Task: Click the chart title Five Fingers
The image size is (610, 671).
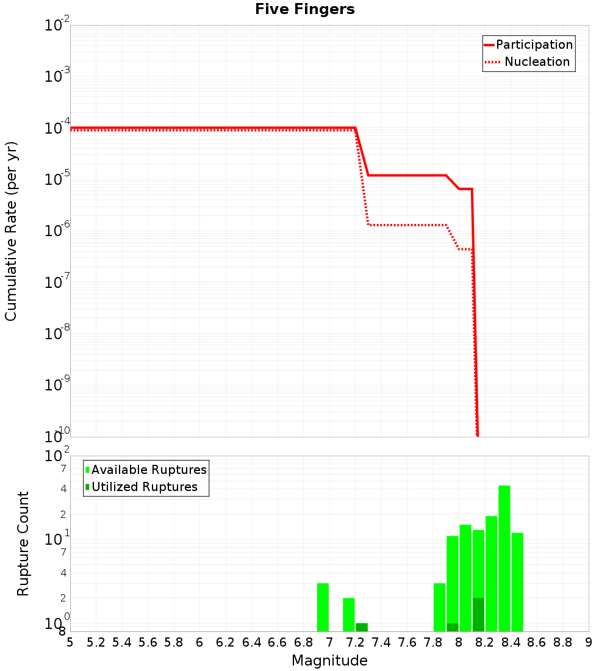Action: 304,9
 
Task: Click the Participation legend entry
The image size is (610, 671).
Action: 534,45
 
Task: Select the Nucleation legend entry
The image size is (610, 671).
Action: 536,62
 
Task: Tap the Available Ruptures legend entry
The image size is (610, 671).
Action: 149,470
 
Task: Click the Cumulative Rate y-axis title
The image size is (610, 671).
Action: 11,231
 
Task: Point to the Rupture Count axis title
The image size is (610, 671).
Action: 23,544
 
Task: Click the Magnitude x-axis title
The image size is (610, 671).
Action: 329,661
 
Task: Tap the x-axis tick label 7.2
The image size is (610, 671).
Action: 355,642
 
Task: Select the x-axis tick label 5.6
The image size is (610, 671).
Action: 148,642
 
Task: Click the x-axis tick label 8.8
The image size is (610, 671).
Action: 562,642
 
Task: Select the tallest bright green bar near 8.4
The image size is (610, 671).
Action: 504,558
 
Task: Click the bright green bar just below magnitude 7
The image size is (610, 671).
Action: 323,607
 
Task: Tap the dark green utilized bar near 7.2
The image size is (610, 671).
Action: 362,627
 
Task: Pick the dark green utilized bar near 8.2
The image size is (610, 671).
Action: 478,614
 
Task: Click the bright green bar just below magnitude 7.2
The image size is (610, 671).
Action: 348,614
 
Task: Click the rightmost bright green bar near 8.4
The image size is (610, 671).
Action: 517,582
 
